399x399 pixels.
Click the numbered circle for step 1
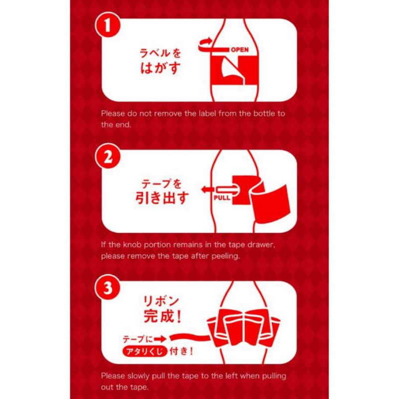click(108, 25)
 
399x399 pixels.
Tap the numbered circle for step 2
click(108, 156)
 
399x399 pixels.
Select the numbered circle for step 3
click(108, 288)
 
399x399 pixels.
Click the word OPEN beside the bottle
click(240, 49)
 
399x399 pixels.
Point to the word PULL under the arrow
click(222, 198)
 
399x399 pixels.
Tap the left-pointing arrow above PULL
click(208, 190)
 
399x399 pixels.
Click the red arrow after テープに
click(160, 339)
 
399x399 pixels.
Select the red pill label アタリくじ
click(145, 352)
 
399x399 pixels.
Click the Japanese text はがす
click(160, 68)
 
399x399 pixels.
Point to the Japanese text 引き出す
click(162, 198)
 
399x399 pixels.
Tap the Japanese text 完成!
click(163, 316)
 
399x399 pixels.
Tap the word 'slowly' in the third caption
click(139, 377)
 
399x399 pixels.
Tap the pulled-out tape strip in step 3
click(190, 338)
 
